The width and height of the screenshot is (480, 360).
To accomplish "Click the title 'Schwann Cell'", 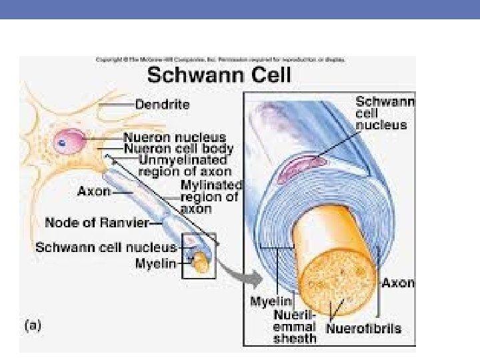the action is coord(219,74).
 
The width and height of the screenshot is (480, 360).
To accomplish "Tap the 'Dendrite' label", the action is coord(163,105).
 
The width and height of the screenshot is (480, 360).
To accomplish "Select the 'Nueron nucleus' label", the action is coord(175,138).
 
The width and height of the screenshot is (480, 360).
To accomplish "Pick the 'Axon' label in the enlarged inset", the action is coord(398,283).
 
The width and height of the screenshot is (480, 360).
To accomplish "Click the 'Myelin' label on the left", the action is coord(155,264).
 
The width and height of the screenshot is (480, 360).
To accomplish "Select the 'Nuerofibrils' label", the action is coord(364,329).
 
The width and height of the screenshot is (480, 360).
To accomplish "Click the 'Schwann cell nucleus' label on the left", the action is coord(105,247).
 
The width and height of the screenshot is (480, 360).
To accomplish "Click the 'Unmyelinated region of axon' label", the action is coord(183,165).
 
